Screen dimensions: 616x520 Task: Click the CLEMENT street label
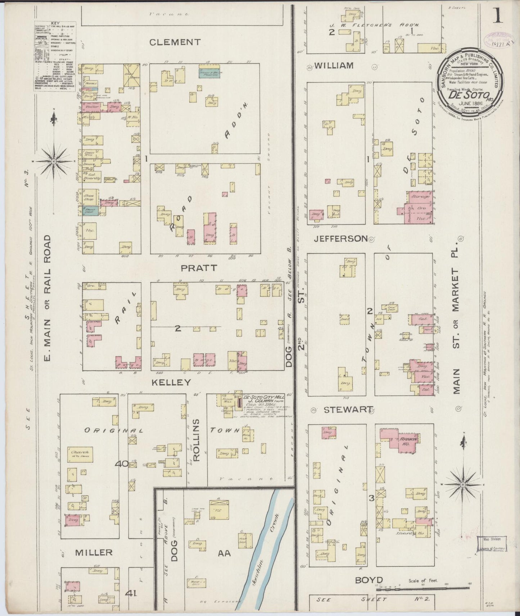click(175, 42)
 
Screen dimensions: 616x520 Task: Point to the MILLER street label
click(94, 552)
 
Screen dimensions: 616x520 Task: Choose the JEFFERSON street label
click(340, 239)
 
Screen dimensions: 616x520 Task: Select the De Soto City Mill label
click(263, 398)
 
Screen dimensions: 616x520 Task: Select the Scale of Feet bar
click(423, 588)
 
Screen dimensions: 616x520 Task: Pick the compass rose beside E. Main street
click(54, 162)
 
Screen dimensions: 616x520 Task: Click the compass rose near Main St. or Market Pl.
click(463, 484)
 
